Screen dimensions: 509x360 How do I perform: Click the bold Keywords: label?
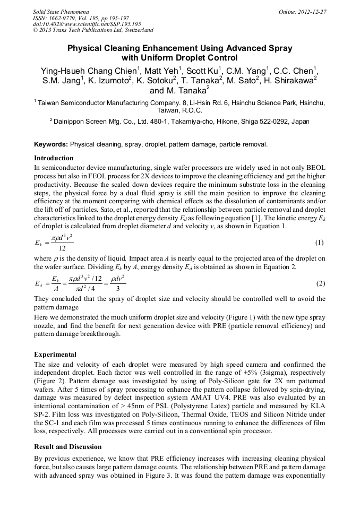coord(51,144)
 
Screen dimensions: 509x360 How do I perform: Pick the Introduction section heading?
coord(54,158)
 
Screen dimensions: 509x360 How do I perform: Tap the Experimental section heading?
coord(55,354)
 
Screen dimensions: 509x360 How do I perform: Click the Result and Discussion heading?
coord(67,447)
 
